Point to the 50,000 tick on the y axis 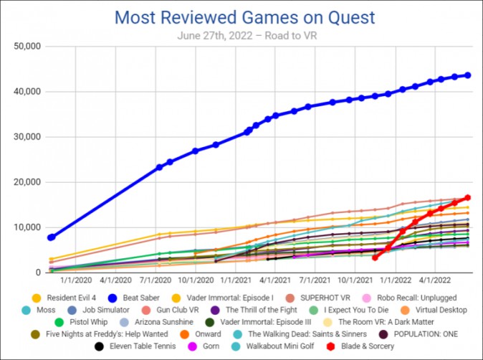pyautogui.click(x=26, y=47)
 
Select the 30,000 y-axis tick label pyautogui.click(x=26, y=137)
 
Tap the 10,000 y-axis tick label pyautogui.click(x=26, y=227)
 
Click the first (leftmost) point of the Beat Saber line pyautogui.click(x=52, y=237)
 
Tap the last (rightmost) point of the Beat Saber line pyautogui.click(x=468, y=75)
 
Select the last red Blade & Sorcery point pyautogui.click(x=467, y=197)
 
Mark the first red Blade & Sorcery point pyautogui.click(x=375, y=257)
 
